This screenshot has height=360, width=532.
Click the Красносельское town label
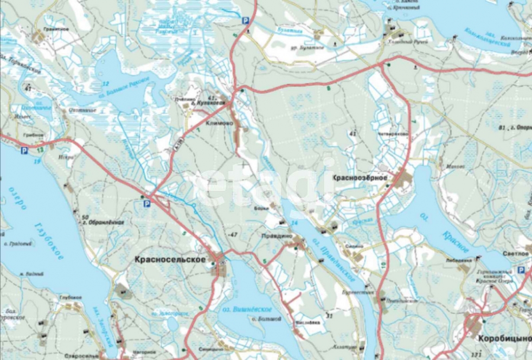coord(169,260)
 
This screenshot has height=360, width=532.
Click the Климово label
coord(219,123)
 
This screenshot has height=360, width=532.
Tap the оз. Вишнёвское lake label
coord(247,308)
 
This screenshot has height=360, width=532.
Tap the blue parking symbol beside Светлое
coord(521,269)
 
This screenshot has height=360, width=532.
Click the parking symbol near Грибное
coord(24,151)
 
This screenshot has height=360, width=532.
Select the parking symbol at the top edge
coord(246,21)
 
